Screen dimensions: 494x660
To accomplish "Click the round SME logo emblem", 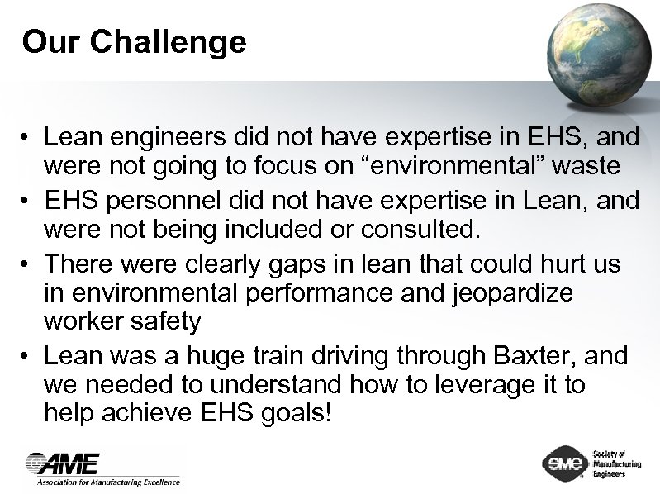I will [564, 463].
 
